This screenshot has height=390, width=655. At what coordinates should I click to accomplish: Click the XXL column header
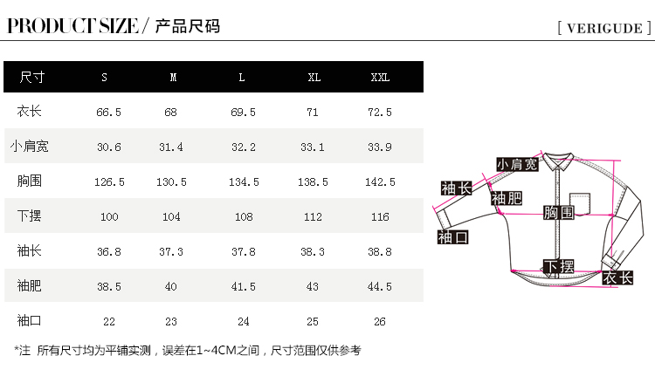[380, 78]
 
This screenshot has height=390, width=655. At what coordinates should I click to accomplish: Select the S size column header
[105, 78]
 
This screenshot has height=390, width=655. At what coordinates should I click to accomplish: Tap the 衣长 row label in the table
[30, 112]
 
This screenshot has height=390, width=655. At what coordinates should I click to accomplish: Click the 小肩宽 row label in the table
[30, 147]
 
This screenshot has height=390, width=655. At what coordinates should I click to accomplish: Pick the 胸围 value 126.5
[109, 182]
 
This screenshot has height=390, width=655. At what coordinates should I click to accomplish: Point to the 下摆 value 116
[380, 217]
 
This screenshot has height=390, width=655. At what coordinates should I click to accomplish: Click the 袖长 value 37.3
[171, 251]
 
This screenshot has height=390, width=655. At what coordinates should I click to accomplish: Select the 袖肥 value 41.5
[243, 286]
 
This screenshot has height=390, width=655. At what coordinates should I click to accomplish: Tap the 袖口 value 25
[312, 321]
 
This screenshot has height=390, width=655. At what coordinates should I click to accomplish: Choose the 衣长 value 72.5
[380, 113]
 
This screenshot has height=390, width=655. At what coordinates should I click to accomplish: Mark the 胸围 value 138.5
[313, 182]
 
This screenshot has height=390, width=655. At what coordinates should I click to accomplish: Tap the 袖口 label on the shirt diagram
[453, 236]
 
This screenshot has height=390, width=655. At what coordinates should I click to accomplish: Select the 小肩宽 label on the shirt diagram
[517, 164]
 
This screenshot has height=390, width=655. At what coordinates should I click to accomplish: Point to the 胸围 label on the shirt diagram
[558, 213]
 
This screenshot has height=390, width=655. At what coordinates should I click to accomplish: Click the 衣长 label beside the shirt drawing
[617, 277]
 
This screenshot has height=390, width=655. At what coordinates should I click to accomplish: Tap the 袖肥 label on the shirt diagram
[506, 199]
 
